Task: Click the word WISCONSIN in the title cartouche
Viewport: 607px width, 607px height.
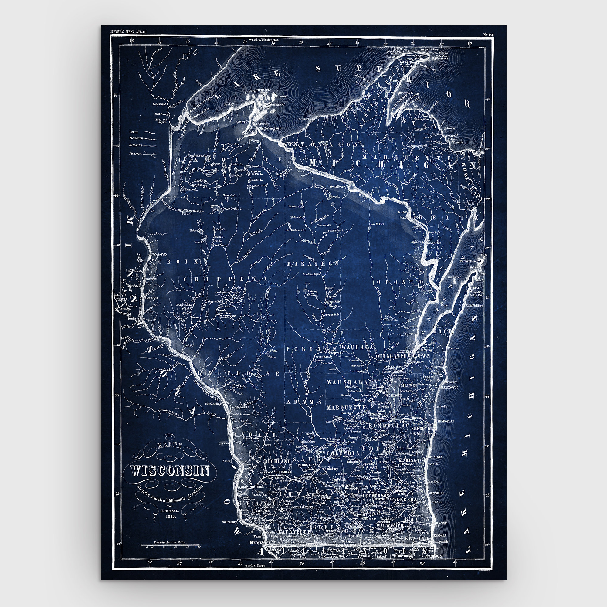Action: tap(170, 471)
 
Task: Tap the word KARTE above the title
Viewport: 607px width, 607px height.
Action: tap(170, 446)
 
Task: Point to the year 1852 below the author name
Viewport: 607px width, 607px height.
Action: tap(170, 517)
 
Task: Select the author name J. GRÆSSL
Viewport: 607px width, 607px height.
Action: tap(170, 510)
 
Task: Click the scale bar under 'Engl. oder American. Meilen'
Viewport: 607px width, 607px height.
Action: tap(170, 545)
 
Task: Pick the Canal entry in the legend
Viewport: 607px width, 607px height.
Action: tap(134, 132)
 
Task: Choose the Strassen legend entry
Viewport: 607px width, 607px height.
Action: tap(135, 154)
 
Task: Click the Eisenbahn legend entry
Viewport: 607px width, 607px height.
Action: tap(136, 138)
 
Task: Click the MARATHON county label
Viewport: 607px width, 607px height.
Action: tap(313, 264)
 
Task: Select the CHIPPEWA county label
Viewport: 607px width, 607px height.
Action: tap(225, 279)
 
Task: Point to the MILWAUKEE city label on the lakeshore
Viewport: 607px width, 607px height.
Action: tap(436, 493)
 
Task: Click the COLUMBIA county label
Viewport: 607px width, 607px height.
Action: tap(343, 454)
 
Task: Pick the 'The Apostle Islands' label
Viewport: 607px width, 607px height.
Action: tap(259, 90)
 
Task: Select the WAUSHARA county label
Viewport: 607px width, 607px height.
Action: tap(347, 382)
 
